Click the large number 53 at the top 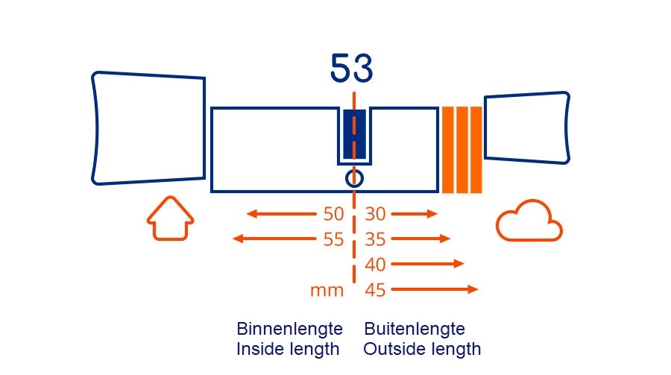(351, 69)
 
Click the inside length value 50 (333, 215)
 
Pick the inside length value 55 (333, 239)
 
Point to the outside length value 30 (375, 215)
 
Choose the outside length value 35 (375, 239)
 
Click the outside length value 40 (375, 265)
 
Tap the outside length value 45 (375, 290)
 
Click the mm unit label (327, 291)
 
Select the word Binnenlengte (289, 329)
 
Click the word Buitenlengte (415, 329)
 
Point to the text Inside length (288, 349)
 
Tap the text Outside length (422, 349)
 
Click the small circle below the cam (354, 178)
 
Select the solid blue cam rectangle (354, 133)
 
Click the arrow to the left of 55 (274, 239)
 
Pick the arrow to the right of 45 (434, 289)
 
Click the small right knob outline (527, 127)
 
